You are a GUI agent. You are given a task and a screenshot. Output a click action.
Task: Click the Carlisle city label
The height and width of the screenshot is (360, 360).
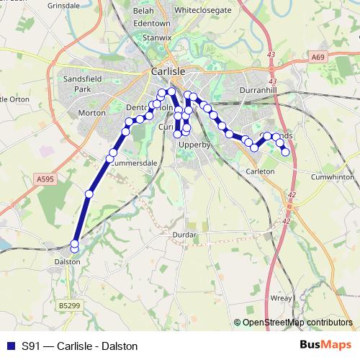169,72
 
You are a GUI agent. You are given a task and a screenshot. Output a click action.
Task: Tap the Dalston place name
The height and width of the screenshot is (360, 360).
67,262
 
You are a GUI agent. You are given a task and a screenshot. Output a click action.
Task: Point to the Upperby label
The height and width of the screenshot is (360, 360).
194,145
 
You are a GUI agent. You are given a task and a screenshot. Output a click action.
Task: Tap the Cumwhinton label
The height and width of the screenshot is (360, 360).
332,176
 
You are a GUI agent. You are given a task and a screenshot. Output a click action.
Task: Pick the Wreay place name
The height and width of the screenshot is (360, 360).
281,297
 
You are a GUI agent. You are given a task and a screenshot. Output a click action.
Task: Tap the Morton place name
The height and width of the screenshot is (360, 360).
91,113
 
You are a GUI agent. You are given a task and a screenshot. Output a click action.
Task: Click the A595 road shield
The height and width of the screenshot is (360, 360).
44,178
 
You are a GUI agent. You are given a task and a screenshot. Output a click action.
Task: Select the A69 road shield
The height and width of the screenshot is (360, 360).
319,56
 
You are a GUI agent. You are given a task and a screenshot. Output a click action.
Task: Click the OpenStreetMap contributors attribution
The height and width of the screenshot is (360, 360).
297,323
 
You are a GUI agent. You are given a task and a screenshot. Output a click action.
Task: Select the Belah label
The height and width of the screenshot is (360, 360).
144,12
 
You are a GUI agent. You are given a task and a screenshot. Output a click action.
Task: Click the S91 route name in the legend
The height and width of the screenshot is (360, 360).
32,346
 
